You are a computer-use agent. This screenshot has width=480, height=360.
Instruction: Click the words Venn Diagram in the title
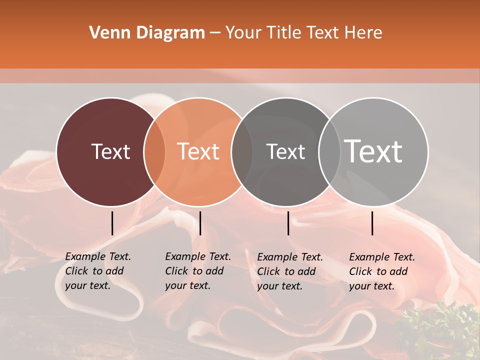147,32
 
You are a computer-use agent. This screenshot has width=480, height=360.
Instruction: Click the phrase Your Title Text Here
303,32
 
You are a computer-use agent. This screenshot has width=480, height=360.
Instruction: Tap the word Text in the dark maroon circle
110,151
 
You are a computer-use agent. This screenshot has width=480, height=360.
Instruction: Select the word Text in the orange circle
198,151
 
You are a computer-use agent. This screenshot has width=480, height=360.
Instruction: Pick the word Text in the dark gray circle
285,151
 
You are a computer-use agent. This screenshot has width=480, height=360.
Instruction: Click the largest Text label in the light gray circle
373,151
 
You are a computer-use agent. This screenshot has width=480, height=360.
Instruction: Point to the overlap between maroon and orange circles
154,151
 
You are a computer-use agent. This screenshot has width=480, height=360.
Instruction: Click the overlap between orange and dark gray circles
242,151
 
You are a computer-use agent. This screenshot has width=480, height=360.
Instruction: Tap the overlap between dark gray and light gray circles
329,151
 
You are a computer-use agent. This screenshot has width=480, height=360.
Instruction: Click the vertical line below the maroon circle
112,223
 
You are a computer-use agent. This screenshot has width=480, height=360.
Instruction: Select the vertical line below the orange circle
200,223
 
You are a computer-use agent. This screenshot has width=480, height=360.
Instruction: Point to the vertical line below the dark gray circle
288,223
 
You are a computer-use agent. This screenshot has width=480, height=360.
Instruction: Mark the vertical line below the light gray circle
372,223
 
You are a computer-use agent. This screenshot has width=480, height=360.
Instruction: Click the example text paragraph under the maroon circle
97,271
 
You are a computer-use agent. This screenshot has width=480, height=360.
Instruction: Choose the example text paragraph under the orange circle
197,271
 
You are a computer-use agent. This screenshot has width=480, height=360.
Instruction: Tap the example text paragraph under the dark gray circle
289,271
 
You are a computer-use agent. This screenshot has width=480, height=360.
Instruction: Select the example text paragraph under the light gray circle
381,271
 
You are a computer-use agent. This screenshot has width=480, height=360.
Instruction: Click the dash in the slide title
215,33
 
